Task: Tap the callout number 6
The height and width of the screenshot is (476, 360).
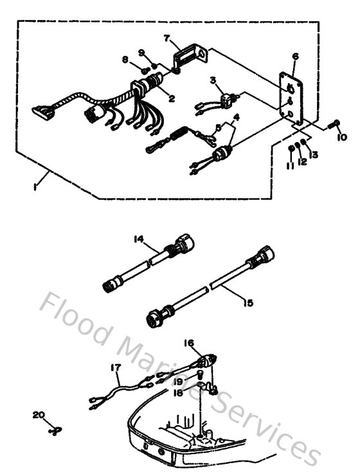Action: click(294, 57)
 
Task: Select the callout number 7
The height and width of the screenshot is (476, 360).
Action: click(167, 39)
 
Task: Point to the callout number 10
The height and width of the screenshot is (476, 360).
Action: click(341, 137)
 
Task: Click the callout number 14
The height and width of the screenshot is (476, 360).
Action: click(138, 239)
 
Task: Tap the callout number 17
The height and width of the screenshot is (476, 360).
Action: click(116, 368)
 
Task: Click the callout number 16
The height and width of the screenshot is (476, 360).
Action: click(189, 344)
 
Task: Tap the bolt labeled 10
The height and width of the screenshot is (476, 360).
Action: click(334, 125)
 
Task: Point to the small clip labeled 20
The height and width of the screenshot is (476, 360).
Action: click(53, 430)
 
